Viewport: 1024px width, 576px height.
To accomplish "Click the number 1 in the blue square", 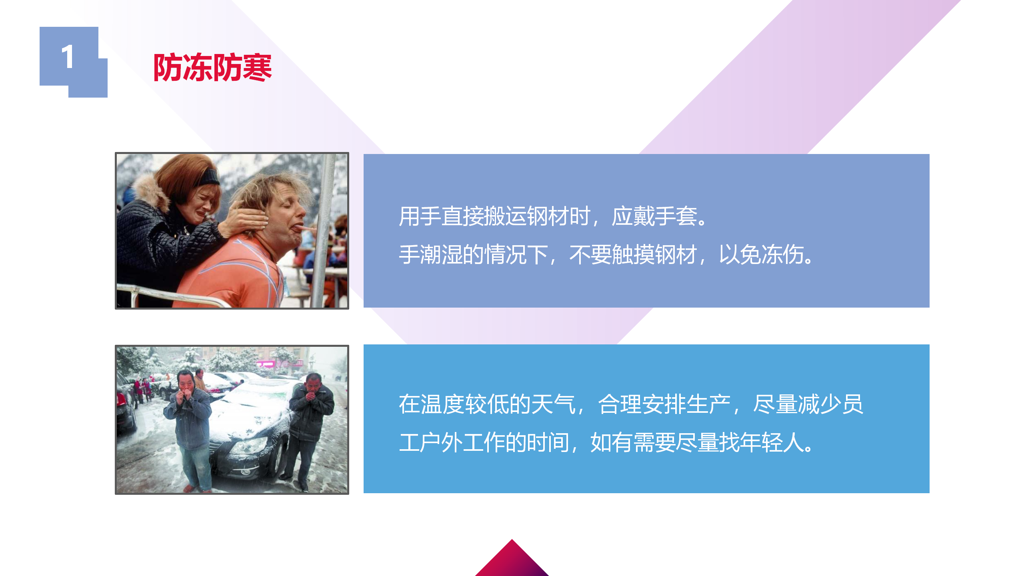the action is (68, 56).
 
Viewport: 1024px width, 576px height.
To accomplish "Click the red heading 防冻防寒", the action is (213, 68).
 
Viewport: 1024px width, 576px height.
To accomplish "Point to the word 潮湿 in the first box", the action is (441, 254).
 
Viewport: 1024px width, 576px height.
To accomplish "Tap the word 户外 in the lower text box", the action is (441, 442).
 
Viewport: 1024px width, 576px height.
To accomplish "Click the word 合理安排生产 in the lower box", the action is (664, 404).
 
